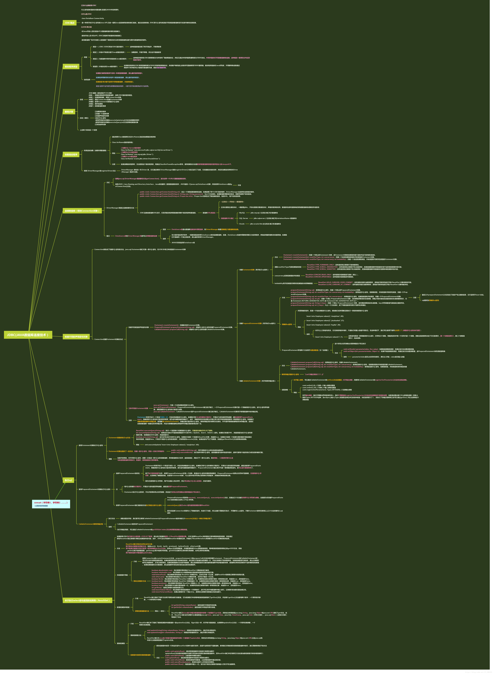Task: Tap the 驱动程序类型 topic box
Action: point(71,67)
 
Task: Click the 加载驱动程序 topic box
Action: point(71,155)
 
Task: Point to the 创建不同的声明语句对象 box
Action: point(76,337)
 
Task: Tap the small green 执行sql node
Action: point(68,480)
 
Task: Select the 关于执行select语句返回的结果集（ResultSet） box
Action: point(87,600)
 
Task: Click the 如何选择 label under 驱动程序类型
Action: point(87,80)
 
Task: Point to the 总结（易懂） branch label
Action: point(84,118)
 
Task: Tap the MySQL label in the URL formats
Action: point(242,213)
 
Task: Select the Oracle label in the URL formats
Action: point(242,224)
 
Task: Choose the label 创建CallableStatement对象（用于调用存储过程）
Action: point(257,381)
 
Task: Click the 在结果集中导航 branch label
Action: point(122,575)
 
